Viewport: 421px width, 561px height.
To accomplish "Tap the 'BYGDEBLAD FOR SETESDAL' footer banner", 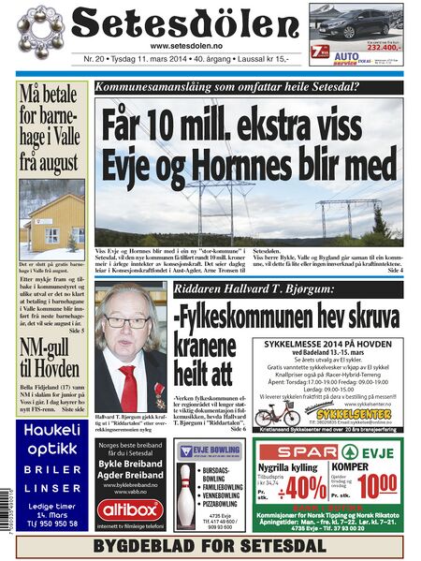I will pyautogui.click(x=210, y=544).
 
